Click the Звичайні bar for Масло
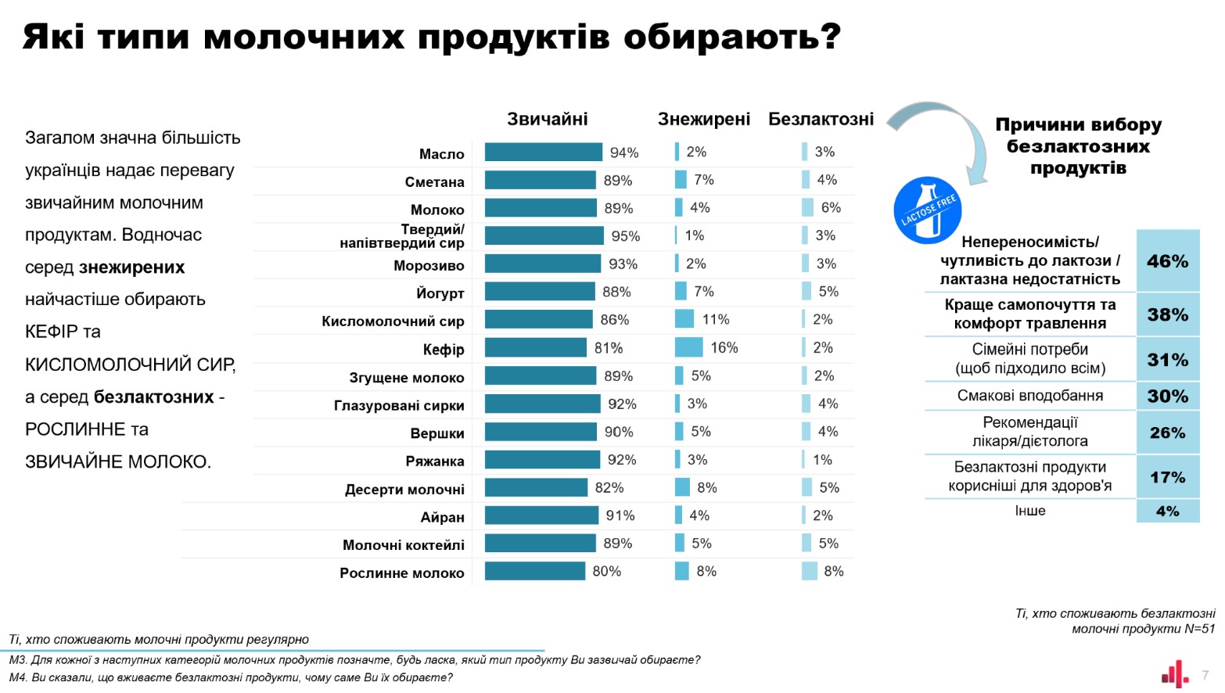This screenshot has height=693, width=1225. pyautogui.click(x=543, y=153)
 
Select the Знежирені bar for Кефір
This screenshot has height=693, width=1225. pyautogui.click(x=688, y=347)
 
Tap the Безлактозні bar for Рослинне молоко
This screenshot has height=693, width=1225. pyautogui.click(x=809, y=571)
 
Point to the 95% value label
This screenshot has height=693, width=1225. pyautogui.click(x=625, y=236)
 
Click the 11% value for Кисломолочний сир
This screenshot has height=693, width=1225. pyautogui.click(x=715, y=319)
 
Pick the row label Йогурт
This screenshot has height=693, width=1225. pyautogui.click(x=440, y=293)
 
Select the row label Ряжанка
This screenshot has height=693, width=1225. pyautogui.click(x=434, y=461)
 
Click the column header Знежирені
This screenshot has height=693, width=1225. pyautogui.click(x=703, y=119)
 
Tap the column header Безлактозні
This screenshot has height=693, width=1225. pyautogui.click(x=821, y=119)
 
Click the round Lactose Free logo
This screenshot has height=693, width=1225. pyautogui.click(x=927, y=210)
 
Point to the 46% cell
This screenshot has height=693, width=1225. pyautogui.click(x=1167, y=261)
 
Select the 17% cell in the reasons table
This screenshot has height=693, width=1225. pyautogui.click(x=1167, y=477)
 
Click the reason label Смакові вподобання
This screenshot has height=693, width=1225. pyautogui.click(x=1029, y=396)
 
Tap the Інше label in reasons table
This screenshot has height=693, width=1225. pyautogui.click(x=1029, y=511)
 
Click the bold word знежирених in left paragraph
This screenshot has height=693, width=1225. pyautogui.click(x=131, y=268)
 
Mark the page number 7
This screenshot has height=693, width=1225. pyautogui.click(x=1205, y=675)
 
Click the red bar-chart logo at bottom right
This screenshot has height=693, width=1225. pyautogui.click(x=1174, y=673)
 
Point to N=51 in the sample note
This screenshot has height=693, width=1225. pyautogui.click(x=1198, y=629)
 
